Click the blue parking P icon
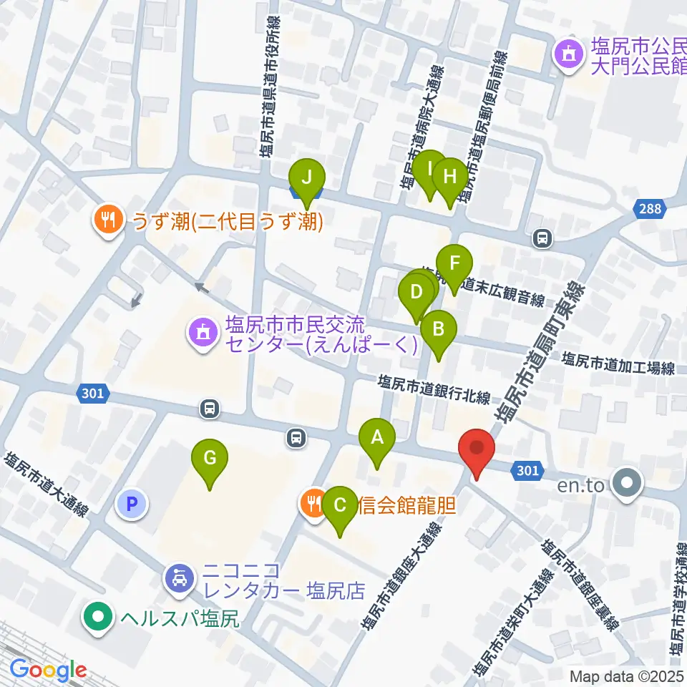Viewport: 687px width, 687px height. click(131, 505)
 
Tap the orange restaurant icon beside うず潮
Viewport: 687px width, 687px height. click(109, 219)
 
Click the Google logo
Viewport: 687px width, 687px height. click(47, 671)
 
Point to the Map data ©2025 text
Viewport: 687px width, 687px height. click(627, 676)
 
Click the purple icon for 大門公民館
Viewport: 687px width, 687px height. click(569, 56)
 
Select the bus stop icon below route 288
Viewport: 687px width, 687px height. click(543, 238)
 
